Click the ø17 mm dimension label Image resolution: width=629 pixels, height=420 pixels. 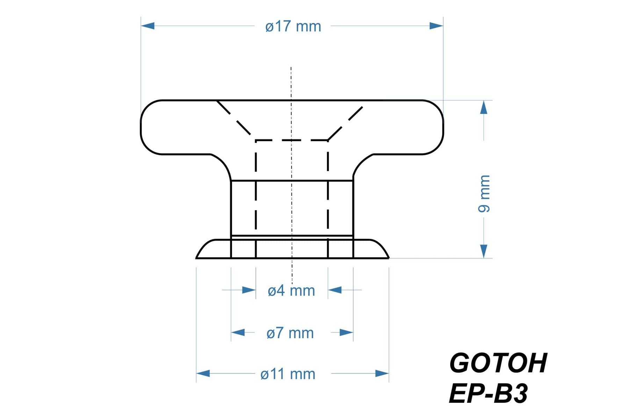(x=293, y=27)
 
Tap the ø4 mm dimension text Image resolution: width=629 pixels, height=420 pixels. (x=291, y=291)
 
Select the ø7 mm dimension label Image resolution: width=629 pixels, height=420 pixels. (x=290, y=333)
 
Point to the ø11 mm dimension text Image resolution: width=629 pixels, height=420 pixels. (x=288, y=374)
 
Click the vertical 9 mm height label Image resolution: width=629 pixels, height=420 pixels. (x=484, y=193)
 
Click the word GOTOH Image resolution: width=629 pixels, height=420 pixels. (x=498, y=363)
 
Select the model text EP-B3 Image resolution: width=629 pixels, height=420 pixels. (x=488, y=394)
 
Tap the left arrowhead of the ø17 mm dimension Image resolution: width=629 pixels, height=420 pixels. (x=147, y=26)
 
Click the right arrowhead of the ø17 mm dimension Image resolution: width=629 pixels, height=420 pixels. (x=436, y=26)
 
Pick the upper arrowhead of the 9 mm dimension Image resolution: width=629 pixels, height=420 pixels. (x=484, y=107)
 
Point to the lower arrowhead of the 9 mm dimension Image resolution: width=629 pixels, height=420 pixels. (x=484, y=251)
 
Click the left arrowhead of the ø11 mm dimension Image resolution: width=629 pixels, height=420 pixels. (x=203, y=373)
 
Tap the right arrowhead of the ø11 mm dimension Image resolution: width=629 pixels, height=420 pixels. (x=382, y=373)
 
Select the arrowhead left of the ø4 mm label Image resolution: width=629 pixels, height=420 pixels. (x=249, y=290)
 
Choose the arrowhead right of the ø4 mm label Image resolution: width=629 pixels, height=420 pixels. (x=335, y=290)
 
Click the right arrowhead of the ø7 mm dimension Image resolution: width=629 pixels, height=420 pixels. (x=346, y=332)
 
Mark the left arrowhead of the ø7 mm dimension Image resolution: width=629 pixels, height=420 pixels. (x=238, y=332)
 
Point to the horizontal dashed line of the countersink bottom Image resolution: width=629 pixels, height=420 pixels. (x=291, y=140)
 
